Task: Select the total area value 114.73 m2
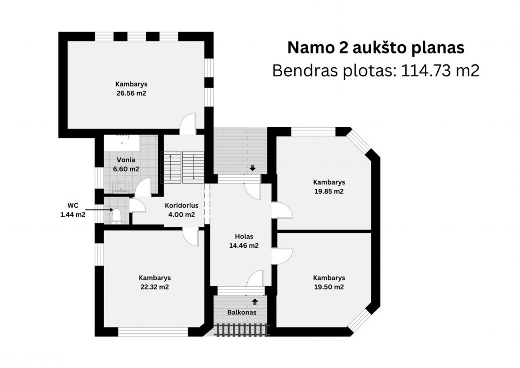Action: (x=440, y=71)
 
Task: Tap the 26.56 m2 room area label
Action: (x=131, y=93)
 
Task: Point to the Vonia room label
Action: (x=126, y=160)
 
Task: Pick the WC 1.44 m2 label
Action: (x=73, y=210)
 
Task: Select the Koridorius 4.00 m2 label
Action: (x=181, y=210)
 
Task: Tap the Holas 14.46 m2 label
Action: (x=244, y=241)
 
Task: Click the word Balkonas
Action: (x=242, y=312)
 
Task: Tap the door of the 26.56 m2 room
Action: (x=188, y=124)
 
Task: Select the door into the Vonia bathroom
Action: (x=143, y=187)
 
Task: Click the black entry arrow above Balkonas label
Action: (x=255, y=302)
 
